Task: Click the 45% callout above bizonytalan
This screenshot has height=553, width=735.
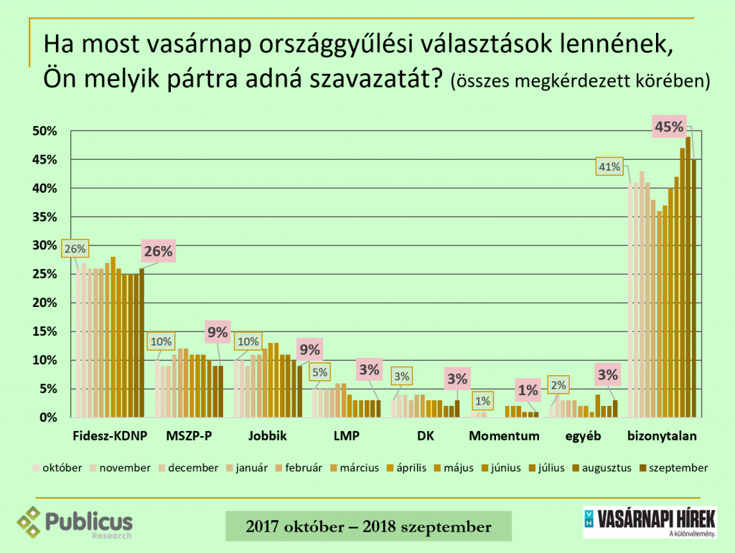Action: click(669, 128)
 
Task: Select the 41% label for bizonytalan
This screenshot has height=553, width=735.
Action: click(609, 167)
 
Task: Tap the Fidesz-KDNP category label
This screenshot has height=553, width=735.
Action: click(106, 436)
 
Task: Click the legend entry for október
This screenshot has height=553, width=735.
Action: click(57, 468)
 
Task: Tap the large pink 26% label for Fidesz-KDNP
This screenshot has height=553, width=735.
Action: click(158, 252)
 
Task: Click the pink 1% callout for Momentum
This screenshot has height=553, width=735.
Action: click(528, 390)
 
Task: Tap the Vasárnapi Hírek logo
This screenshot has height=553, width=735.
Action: click(650, 522)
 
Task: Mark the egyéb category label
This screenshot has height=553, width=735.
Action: click(583, 436)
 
